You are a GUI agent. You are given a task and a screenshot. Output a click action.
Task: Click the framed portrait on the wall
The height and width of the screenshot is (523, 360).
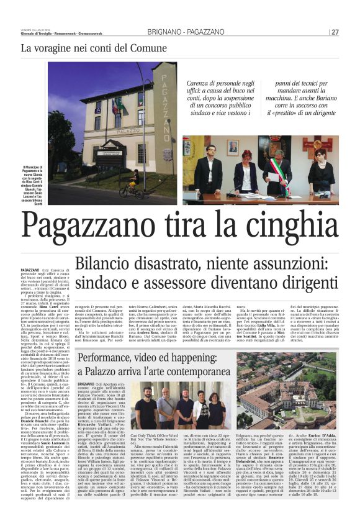coord(232,147)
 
